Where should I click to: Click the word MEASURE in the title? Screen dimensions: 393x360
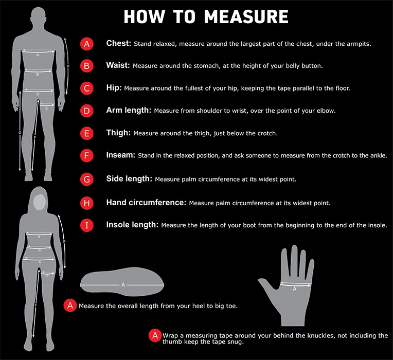point(246,17)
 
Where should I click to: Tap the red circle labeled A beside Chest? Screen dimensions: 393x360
point(87,44)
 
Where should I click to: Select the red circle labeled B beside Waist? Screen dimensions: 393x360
point(87,66)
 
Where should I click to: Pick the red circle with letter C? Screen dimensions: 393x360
point(87,88)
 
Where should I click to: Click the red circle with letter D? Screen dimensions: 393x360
point(87,111)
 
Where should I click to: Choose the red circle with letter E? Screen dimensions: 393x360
point(87,133)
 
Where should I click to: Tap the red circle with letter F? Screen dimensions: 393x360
point(87,156)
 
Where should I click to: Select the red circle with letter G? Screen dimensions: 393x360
point(87,179)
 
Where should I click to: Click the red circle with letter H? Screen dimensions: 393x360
point(87,203)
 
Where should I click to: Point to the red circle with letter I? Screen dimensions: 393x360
point(87,225)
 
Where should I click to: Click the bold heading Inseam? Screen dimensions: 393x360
point(120,155)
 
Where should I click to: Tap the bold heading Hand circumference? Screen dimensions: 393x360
point(146,203)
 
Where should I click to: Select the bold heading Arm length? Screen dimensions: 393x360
point(129,110)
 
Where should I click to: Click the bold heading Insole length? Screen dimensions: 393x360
point(132,225)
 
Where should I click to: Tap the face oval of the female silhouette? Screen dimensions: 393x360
point(40,202)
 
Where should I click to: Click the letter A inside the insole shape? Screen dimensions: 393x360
point(123,284)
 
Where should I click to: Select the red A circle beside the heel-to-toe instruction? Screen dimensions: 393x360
point(70,305)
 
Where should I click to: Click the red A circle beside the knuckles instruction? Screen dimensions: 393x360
point(155,335)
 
